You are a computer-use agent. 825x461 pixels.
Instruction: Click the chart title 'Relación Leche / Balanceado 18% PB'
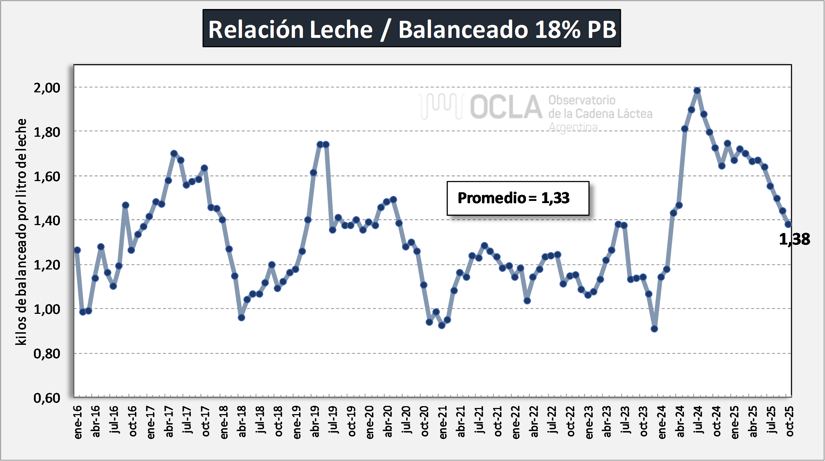pyautogui.click(x=412, y=28)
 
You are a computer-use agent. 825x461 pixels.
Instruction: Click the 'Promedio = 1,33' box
pyautogui.click(x=518, y=198)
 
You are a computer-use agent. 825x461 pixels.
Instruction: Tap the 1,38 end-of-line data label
pyautogui.click(x=794, y=239)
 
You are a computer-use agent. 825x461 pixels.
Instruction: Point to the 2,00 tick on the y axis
pyautogui.click(x=47, y=88)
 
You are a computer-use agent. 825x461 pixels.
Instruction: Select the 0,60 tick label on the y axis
pyautogui.click(x=47, y=398)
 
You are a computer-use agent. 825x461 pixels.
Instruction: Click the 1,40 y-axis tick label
pyautogui.click(x=47, y=220)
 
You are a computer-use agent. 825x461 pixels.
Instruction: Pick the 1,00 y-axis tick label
pyautogui.click(x=47, y=309)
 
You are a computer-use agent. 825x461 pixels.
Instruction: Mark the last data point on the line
pyautogui.click(x=788, y=224)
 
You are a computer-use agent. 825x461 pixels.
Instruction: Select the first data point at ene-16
pyautogui.click(x=77, y=250)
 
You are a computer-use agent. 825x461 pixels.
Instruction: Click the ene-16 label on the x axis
pyautogui.click(x=78, y=422)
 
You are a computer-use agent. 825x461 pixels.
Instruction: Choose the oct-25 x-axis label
pyautogui.click(x=790, y=421)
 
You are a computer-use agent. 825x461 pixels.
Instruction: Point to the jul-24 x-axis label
pyautogui.click(x=698, y=420)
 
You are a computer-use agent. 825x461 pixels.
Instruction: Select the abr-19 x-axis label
pyautogui.click(x=315, y=421)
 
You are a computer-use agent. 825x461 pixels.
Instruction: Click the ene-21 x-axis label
pyautogui.click(x=443, y=422)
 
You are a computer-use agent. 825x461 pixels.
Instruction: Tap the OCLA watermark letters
pyautogui.click(x=506, y=107)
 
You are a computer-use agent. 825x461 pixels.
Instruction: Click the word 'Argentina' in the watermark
pyautogui.click(x=573, y=127)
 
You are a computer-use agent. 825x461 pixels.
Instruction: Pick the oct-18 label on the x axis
pyautogui.click(x=278, y=421)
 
